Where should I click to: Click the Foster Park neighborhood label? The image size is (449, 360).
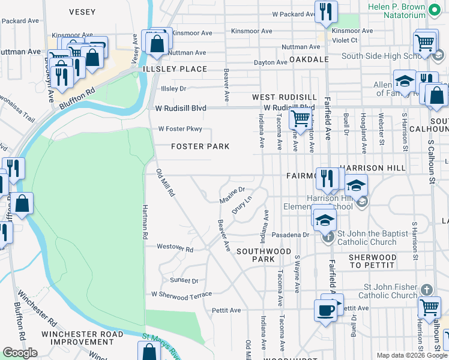pyautogui.click(x=200, y=146)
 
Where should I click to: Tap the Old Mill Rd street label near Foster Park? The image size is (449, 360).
pyautogui.click(x=165, y=184)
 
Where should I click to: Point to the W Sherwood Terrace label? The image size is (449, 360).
pyautogui.click(x=181, y=295)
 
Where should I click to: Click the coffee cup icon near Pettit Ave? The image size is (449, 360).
pyautogui.click(x=325, y=310)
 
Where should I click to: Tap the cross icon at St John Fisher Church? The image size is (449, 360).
pyautogui.click(x=426, y=290)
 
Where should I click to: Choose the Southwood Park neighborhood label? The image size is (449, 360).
pyautogui.click(x=264, y=255)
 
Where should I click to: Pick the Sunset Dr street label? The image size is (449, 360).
pyautogui.click(x=184, y=280)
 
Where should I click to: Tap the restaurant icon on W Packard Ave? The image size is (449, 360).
pyautogui.click(x=326, y=11)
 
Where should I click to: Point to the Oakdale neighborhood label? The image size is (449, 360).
pyautogui.click(x=309, y=60)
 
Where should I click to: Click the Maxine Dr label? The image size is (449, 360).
pyautogui.click(x=232, y=194)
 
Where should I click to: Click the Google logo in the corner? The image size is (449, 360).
pyautogui.click(x=20, y=353)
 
